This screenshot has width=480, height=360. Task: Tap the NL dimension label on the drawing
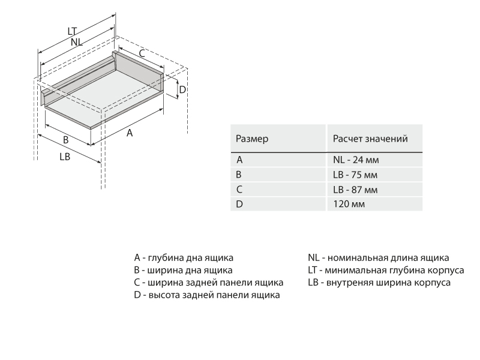(x=77, y=41)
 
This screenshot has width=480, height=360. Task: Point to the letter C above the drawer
(x=142, y=53)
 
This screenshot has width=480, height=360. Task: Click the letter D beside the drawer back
(x=183, y=89)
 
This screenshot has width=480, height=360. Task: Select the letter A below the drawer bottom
(x=130, y=133)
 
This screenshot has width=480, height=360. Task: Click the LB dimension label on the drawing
(x=65, y=157)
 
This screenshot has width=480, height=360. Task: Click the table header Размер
(x=252, y=139)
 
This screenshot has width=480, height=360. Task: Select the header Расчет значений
(x=370, y=139)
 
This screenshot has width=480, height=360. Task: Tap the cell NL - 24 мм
(x=356, y=160)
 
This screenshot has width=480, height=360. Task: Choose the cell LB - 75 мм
(x=355, y=175)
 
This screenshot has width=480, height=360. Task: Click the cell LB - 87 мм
(x=355, y=190)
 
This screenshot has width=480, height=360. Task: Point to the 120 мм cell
(x=349, y=204)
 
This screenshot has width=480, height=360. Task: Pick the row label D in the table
(x=239, y=204)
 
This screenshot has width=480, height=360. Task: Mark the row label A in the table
(x=239, y=160)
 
